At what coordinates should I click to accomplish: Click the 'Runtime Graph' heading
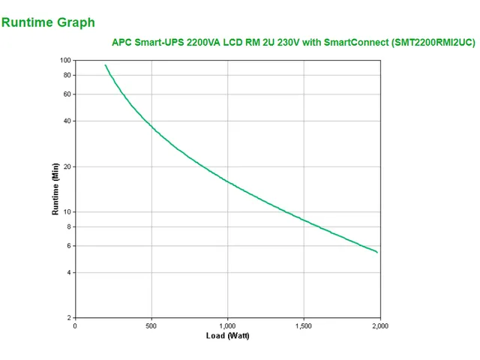coord(48,22)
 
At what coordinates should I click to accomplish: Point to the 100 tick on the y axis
coord(65,60)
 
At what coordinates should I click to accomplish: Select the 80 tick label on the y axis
coord(67,75)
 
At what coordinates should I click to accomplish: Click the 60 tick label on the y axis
coord(67,94)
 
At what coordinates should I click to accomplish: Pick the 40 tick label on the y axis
coord(67,121)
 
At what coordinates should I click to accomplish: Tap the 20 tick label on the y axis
coord(67,166)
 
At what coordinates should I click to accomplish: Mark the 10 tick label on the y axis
coord(67,211)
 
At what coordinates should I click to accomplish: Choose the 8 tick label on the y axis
coord(68,226)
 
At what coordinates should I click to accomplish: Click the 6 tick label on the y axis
coord(68,245)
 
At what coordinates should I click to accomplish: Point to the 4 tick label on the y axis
coord(68,272)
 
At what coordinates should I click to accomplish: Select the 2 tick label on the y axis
coord(68,318)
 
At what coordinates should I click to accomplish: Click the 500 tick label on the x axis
coord(151,325)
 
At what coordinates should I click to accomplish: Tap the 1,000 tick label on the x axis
coord(227,325)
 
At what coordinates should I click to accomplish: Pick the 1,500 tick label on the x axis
coord(303,325)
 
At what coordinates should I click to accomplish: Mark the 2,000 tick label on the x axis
coord(379,325)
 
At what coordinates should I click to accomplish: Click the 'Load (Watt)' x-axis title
coord(227,335)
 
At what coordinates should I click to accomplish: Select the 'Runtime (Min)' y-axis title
coord(55,189)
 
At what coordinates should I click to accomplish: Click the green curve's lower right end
coord(377,252)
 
